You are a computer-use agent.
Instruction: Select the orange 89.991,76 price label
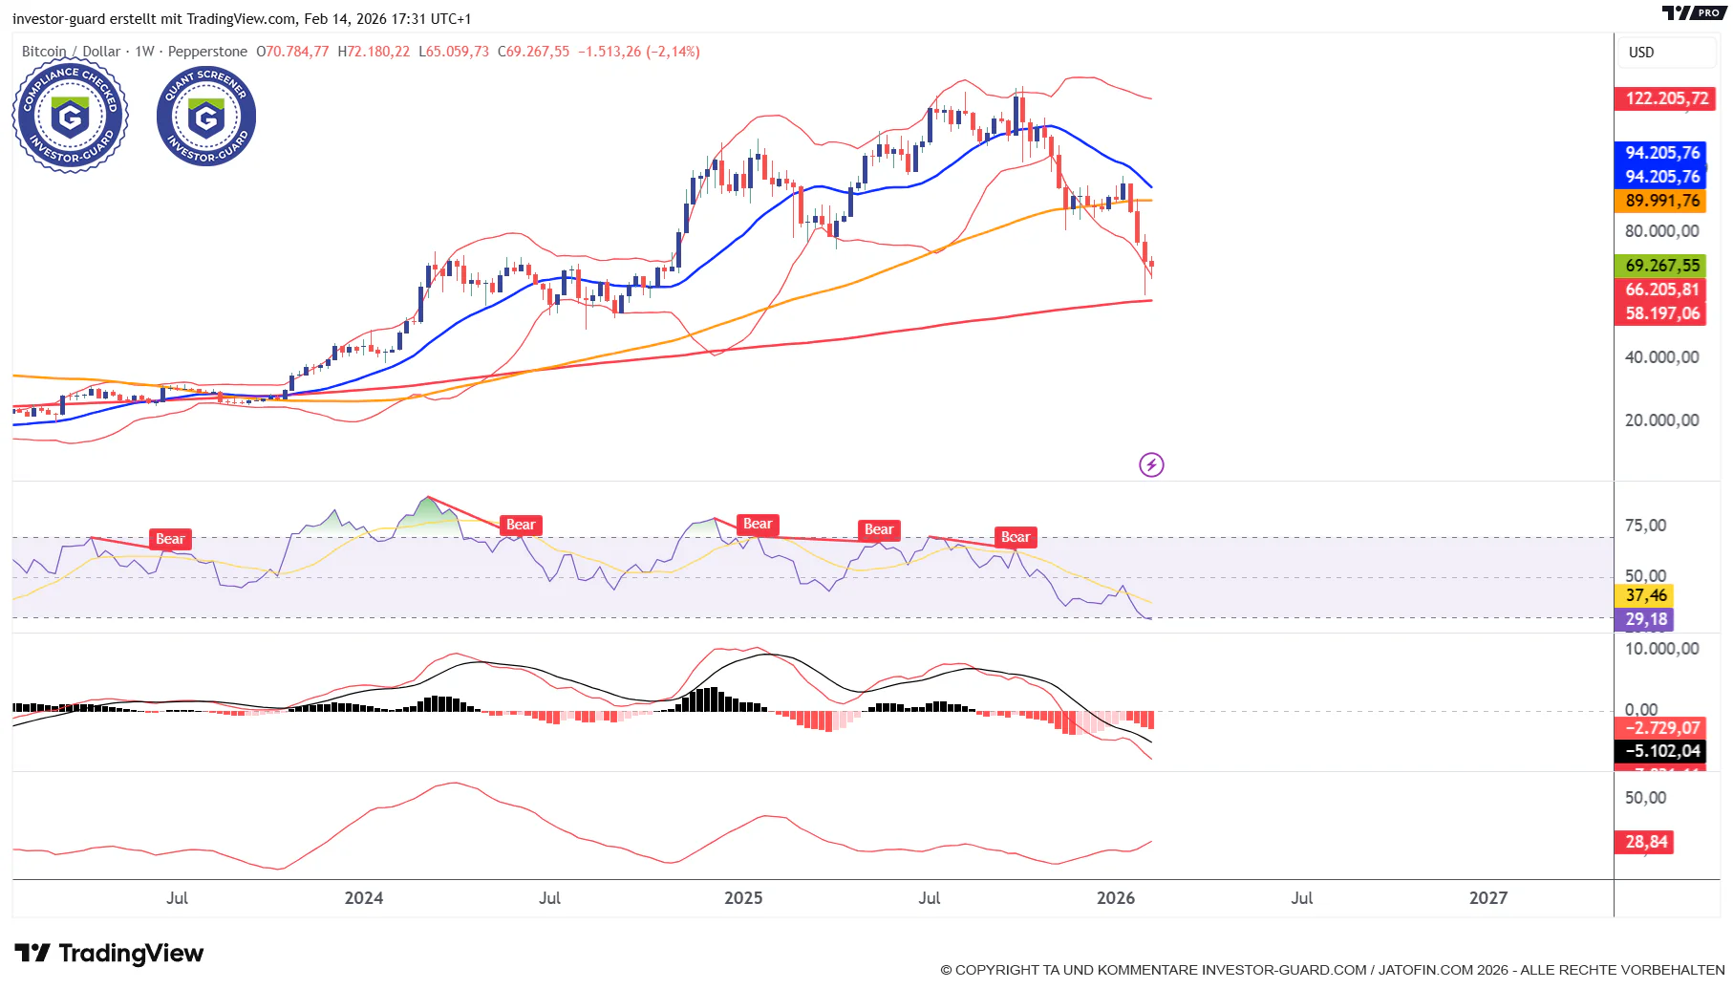tap(1662, 201)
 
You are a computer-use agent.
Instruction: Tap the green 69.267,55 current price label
tap(1662, 266)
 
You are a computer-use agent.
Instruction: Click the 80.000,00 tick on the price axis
tap(1661, 231)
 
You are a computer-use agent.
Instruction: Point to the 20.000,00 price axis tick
tap(1661, 420)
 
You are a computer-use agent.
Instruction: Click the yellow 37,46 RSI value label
tap(1646, 595)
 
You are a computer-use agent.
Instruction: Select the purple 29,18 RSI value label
tap(1646, 619)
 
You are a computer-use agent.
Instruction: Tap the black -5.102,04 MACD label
tap(1662, 751)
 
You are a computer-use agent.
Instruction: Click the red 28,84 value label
tap(1646, 842)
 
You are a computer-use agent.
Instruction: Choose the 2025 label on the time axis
tap(743, 898)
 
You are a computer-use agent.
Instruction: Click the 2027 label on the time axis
tap(1487, 898)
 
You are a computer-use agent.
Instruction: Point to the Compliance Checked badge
tap(70, 118)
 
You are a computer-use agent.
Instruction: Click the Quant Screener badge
tap(206, 117)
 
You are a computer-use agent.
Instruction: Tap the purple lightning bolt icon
tap(1151, 465)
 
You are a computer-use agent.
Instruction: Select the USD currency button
tap(1641, 53)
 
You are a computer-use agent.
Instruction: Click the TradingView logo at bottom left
tap(109, 953)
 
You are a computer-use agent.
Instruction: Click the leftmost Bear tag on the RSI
tap(170, 539)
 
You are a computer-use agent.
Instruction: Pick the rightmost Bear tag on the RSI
tap(1015, 537)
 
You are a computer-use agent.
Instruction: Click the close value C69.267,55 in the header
tap(533, 52)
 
